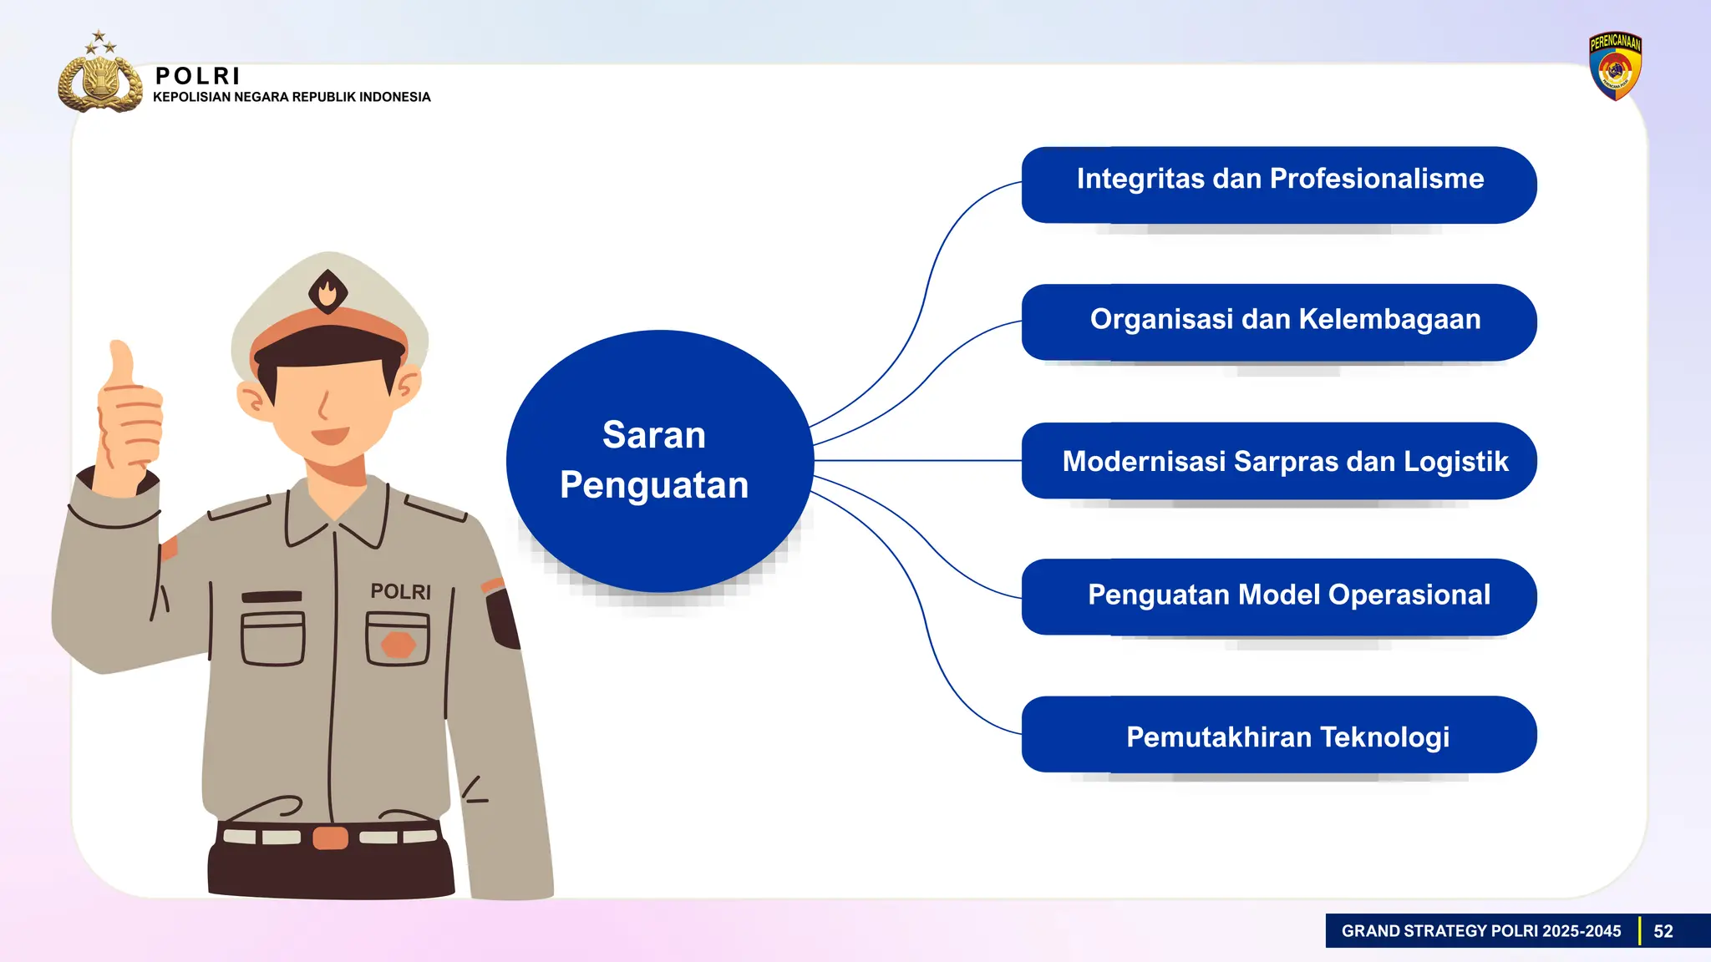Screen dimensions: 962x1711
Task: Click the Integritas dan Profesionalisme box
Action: tap(1278, 185)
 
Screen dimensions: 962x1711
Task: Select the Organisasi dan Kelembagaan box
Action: tap(1278, 322)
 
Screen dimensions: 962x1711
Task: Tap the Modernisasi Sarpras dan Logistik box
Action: tap(1278, 460)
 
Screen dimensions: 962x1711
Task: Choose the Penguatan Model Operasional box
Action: tap(1278, 596)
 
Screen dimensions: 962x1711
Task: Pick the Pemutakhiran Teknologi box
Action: tap(1278, 734)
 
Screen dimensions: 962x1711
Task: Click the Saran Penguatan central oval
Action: tap(659, 460)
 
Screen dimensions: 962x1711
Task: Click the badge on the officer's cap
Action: tap(327, 291)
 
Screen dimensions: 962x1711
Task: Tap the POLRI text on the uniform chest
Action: tap(400, 591)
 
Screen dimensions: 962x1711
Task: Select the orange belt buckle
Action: tap(330, 837)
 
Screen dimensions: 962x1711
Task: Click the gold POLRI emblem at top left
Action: tap(99, 83)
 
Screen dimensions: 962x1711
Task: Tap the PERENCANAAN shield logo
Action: tap(1614, 67)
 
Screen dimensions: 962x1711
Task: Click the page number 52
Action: tap(1663, 931)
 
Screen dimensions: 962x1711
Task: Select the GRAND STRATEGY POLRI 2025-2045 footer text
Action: tap(1480, 931)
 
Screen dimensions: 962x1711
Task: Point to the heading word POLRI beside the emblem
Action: tap(198, 76)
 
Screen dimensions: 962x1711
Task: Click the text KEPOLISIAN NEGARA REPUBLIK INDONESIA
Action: tap(292, 97)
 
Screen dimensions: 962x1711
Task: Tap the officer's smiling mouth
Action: tap(330, 436)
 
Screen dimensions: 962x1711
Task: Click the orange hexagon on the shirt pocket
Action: tap(398, 644)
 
